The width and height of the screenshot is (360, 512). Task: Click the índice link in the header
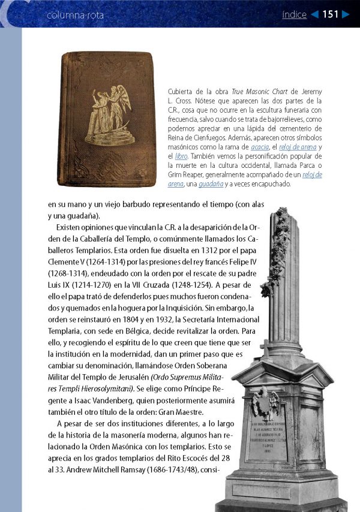[x=294, y=14]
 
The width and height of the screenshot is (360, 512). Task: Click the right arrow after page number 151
[x=345, y=14]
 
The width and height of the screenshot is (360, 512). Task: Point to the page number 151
[x=330, y=14]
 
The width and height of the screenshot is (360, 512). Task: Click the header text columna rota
[x=75, y=15]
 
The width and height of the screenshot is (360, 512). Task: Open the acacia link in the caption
[x=260, y=147]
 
